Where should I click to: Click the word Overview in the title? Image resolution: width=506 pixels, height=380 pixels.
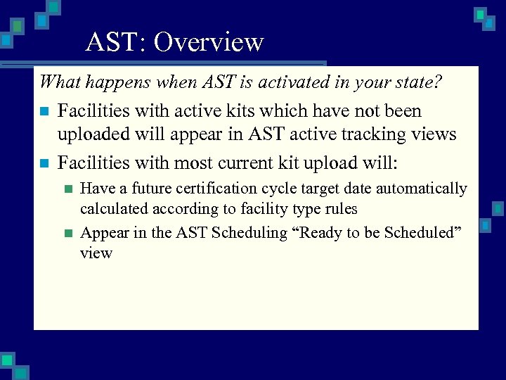(209, 43)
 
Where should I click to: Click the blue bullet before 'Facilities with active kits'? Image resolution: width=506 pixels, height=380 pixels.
(44, 111)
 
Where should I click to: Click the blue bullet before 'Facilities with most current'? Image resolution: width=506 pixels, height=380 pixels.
(44, 163)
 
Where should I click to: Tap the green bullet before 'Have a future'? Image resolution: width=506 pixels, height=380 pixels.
(67, 189)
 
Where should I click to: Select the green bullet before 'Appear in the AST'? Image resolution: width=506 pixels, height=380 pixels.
(67, 233)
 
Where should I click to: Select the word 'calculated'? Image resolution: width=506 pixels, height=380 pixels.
(112, 209)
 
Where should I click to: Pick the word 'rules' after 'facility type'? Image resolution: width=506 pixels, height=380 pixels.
(341, 209)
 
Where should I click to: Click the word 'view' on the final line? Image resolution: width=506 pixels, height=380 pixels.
(96, 253)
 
